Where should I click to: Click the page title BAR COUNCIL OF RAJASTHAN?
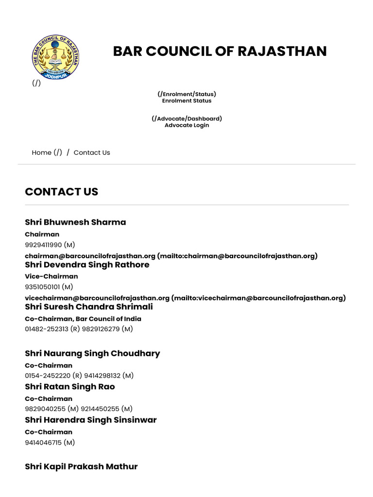pyautogui.click(x=220, y=51)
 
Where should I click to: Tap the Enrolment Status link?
pyautogui.click(x=186, y=101)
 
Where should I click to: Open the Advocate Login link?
pyautogui.click(x=186, y=125)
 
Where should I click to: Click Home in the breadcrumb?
pyautogui.click(x=41, y=152)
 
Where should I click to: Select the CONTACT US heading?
pyautogui.click(x=61, y=192)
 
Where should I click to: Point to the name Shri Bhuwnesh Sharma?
pyautogui.click(x=75, y=222)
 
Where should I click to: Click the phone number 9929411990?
pyautogui.click(x=43, y=245)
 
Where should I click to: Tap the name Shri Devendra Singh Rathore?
pyautogui.click(x=87, y=265)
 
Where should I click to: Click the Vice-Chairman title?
pyautogui.click(x=51, y=277)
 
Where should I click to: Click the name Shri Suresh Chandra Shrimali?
pyautogui.click(x=89, y=307)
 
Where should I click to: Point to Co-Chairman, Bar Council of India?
pyautogui.click(x=83, y=319)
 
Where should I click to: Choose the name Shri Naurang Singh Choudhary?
pyautogui.click(x=92, y=353)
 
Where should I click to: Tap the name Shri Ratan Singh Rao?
pyautogui.click(x=70, y=387)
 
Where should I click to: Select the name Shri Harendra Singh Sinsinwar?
pyautogui.click(x=91, y=420)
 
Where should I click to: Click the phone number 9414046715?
pyautogui.click(x=43, y=442)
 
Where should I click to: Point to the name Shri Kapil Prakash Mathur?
pyautogui.click(x=81, y=466)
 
